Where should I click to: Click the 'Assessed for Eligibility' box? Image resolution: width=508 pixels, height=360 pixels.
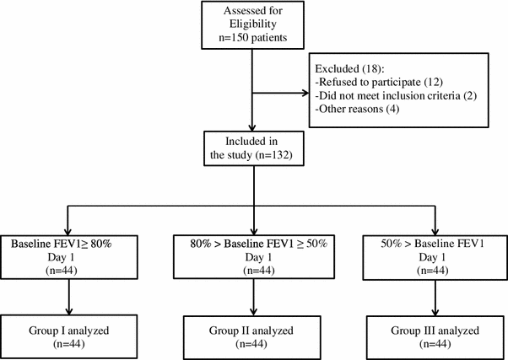tap(253, 25)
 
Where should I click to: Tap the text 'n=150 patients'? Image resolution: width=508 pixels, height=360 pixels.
tap(253, 39)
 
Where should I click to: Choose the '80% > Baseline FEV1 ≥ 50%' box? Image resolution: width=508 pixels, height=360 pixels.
tap(253, 258)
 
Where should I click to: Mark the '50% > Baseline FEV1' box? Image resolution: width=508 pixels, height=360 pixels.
tap(435, 258)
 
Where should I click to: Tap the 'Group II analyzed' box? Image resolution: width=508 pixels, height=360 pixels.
tap(253, 336)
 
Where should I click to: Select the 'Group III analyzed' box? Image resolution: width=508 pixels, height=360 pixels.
tap(435, 336)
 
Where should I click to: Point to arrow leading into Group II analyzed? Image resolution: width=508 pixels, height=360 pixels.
tap(253, 299)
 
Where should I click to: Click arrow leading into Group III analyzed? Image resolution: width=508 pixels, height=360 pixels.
tap(435, 299)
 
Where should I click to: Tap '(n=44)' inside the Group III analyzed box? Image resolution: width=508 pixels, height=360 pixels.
tap(435, 343)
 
